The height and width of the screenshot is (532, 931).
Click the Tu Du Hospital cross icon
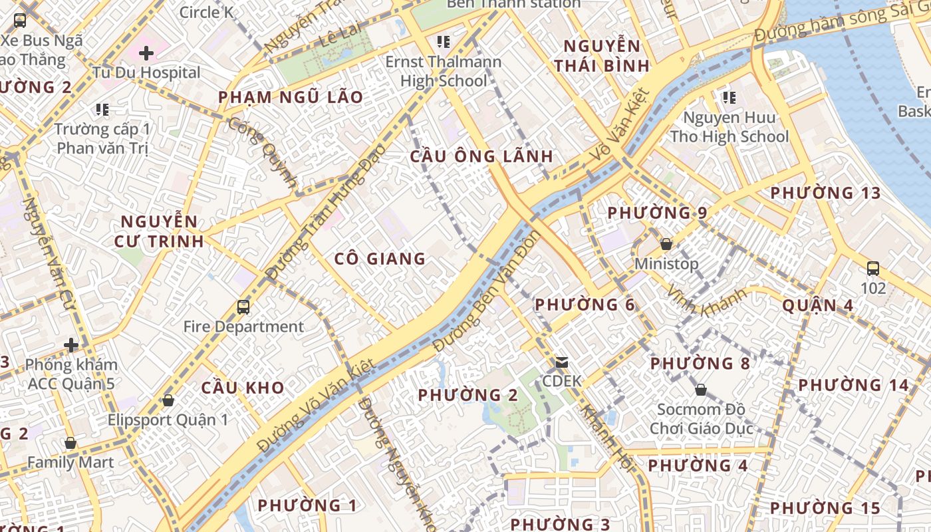click(146, 53)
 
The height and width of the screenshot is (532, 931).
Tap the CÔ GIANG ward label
click(380, 259)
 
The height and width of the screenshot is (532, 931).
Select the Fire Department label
click(243, 327)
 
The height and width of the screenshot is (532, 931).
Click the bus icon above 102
click(873, 269)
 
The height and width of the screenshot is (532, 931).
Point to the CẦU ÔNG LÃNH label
click(481, 156)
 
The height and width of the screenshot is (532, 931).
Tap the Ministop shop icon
click(666, 244)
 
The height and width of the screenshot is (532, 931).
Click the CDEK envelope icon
click(562, 362)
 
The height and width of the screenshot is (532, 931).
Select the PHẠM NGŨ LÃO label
click(291, 97)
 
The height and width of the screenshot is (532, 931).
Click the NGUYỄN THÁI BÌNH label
click(602, 56)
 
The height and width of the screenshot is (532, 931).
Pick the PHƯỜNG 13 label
click(825, 194)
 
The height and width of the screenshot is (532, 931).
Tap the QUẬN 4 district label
click(818, 305)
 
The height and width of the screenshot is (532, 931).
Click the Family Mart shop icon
click(70, 443)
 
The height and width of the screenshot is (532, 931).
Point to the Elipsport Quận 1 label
click(168, 420)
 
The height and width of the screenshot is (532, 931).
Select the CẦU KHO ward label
click(243, 388)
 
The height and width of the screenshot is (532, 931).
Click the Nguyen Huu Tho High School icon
click(730, 98)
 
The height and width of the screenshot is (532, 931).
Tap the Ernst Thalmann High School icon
click(444, 43)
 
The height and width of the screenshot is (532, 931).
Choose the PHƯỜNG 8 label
click(700, 364)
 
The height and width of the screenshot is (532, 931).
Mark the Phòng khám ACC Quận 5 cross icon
click(71, 345)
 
